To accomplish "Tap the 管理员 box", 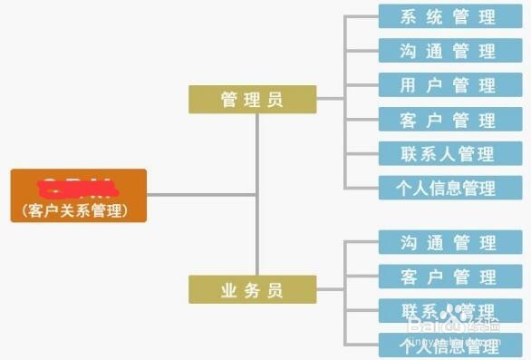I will click(x=252, y=99).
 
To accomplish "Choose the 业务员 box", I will click(x=252, y=290).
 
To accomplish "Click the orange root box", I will click(x=79, y=195).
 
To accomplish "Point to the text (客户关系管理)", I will click(x=79, y=210).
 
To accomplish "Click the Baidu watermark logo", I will click(x=453, y=323).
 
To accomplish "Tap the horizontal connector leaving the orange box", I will click(x=201, y=194).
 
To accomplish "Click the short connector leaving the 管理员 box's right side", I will click(x=330, y=99).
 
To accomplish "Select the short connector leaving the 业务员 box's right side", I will click(x=330, y=290).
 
